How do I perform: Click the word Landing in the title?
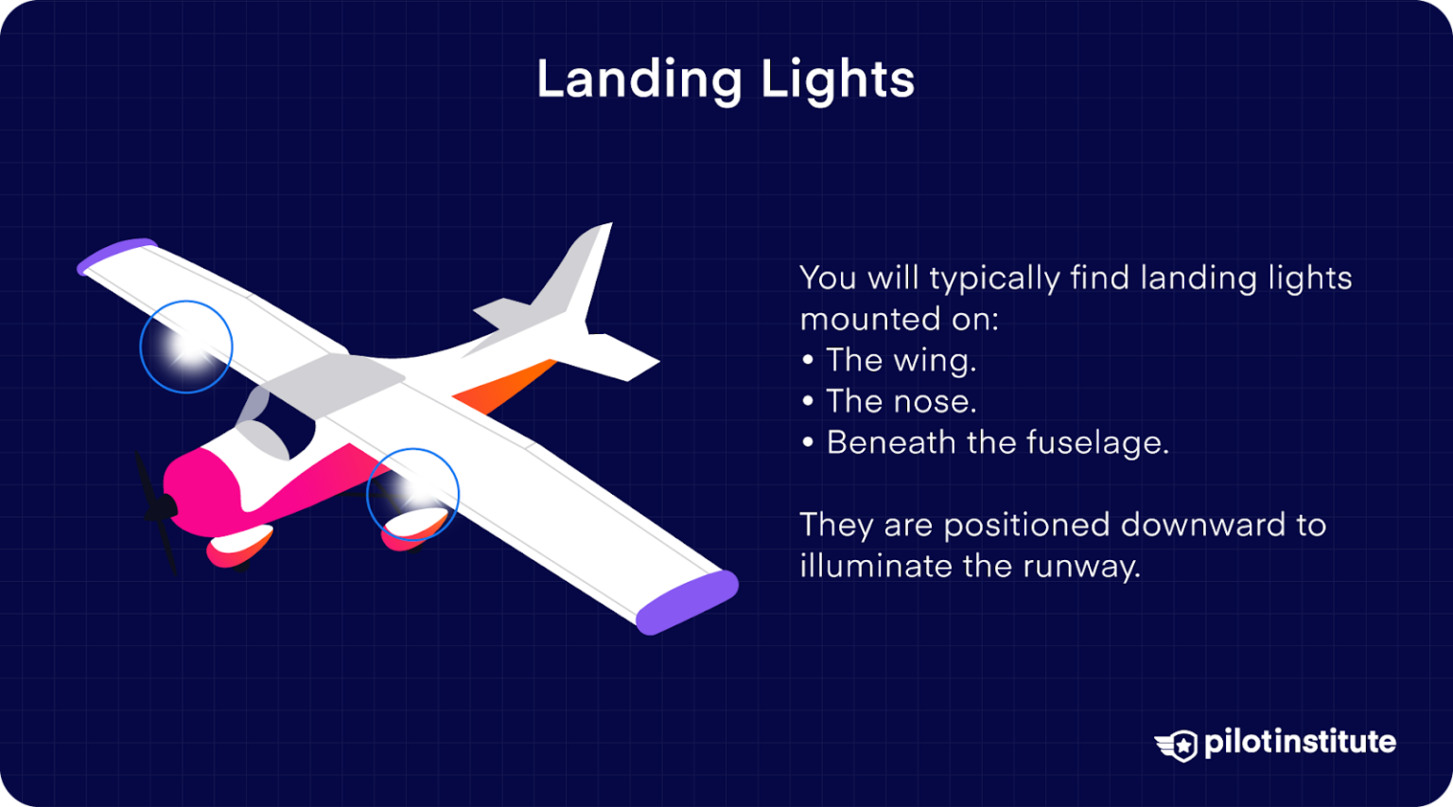pos(639,79)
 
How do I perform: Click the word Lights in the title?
pos(837,79)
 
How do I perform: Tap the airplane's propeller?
pos(159,511)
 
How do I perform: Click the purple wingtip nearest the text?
pos(686,602)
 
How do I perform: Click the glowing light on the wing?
pos(186,347)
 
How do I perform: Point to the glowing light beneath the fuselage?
pos(412,493)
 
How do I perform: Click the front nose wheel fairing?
pos(240,547)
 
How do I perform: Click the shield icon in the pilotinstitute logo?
pos(1179,745)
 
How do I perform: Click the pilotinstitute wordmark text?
pos(1300,743)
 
